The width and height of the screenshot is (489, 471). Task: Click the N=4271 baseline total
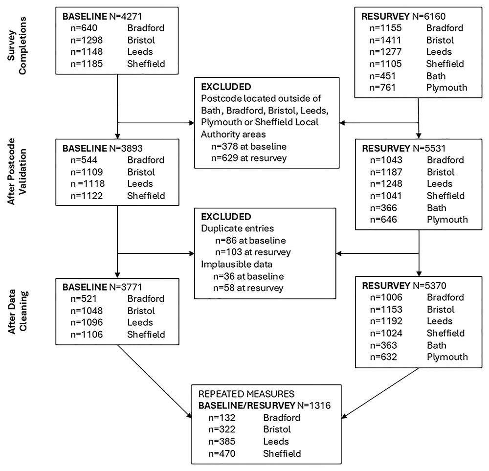126,16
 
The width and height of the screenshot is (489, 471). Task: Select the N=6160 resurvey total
429,16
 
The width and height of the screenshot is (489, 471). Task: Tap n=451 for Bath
382,76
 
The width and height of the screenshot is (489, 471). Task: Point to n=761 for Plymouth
382,88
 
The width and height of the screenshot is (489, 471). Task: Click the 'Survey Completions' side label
17,46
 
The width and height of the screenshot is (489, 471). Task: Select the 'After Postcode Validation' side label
17,171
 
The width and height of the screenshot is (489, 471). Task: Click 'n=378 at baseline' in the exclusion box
248,146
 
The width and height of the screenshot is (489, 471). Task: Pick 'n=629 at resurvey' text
248,158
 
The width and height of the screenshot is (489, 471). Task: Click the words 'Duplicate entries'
237,228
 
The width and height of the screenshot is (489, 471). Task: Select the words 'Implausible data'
236,264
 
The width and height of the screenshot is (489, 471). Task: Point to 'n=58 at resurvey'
248,288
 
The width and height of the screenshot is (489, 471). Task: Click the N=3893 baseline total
126,148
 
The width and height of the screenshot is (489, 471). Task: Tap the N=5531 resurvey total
429,148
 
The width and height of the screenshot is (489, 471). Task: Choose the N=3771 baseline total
126,287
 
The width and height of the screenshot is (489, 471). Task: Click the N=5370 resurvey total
429,286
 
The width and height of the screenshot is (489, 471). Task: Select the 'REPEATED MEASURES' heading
246,394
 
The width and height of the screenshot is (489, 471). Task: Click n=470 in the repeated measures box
222,453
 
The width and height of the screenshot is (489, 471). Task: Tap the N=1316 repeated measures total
314,405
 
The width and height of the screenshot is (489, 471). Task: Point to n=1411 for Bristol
385,40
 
